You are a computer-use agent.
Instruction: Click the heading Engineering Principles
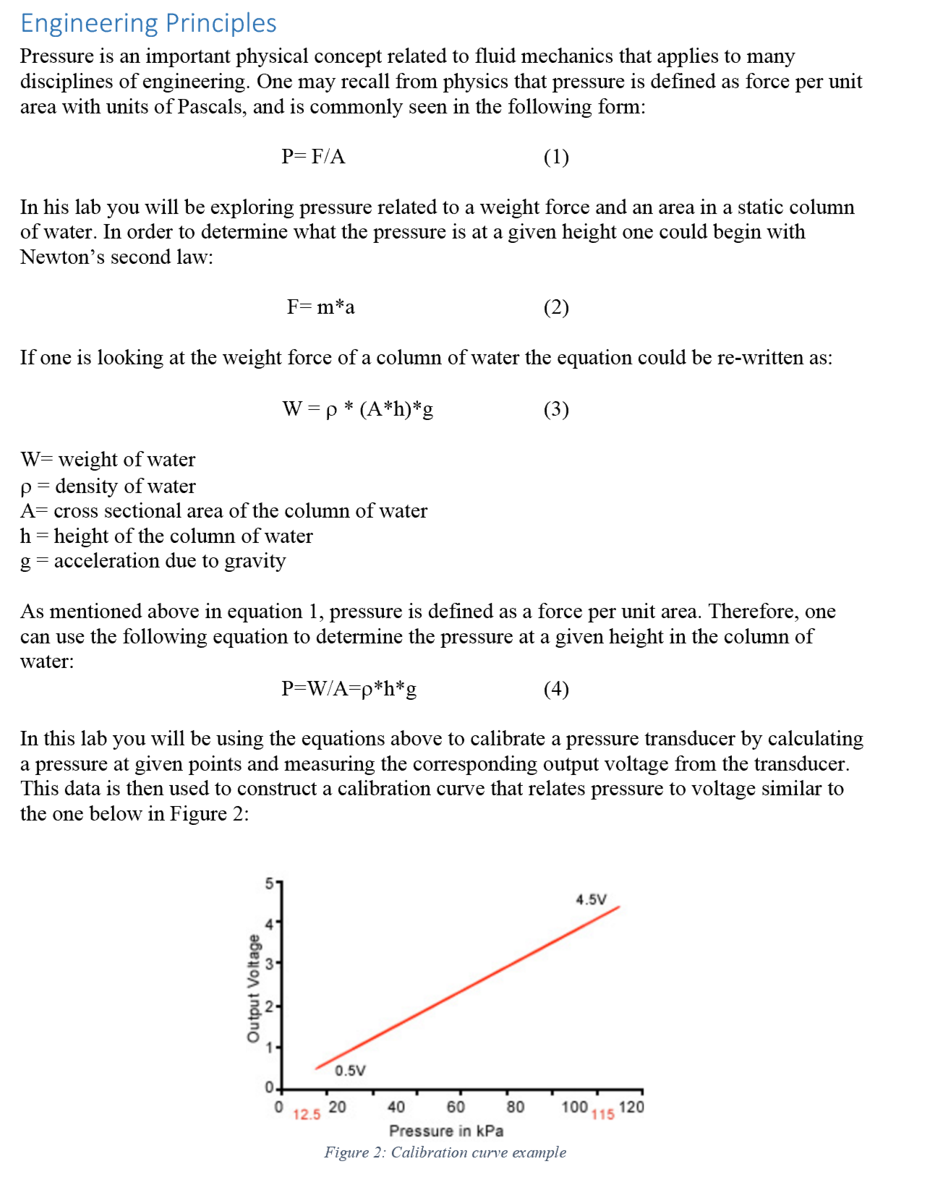[x=148, y=23]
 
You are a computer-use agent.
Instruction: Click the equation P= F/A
[x=313, y=156]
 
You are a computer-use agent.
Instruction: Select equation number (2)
[x=555, y=307]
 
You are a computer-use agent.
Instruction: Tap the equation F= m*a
[x=320, y=307]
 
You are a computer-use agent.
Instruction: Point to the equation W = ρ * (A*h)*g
[x=357, y=409]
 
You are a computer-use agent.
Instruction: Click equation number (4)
[x=555, y=689]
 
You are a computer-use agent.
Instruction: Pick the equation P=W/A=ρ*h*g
[x=349, y=688]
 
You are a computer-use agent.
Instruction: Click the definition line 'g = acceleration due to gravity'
[x=153, y=561]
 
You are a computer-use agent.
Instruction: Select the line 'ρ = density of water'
[x=108, y=486]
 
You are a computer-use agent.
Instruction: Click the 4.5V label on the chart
[x=591, y=899]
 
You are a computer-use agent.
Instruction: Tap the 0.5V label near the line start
[x=350, y=1070]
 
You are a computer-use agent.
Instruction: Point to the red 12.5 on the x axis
[x=307, y=1115]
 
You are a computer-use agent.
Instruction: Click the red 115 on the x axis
[x=602, y=1115]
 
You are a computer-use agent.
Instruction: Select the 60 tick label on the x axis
[x=456, y=1107]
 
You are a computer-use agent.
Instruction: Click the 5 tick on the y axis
[x=269, y=883]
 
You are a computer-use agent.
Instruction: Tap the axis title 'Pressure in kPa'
[x=446, y=1131]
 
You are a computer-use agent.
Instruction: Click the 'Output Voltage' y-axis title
[x=253, y=988]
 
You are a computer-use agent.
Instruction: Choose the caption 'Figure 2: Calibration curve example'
[x=445, y=1152]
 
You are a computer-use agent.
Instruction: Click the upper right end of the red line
[x=618, y=907]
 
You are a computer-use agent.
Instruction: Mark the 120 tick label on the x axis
[x=631, y=1107]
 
